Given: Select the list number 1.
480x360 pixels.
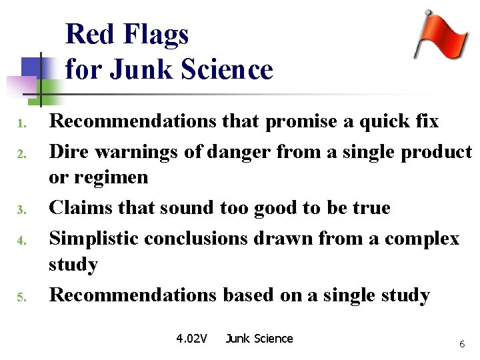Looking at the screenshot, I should point(21,124).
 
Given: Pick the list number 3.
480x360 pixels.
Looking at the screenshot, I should point(21,211).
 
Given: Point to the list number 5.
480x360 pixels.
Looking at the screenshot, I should point(21,297).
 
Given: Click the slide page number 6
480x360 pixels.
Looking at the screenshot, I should point(461,344).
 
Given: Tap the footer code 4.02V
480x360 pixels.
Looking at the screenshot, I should point(191,339).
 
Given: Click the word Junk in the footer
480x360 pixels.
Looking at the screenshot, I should point(237,339).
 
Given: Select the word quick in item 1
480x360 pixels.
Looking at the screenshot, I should point(377,121).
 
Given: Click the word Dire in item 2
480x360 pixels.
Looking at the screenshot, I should point(70,152).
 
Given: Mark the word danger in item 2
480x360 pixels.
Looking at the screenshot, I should point(238,152).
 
